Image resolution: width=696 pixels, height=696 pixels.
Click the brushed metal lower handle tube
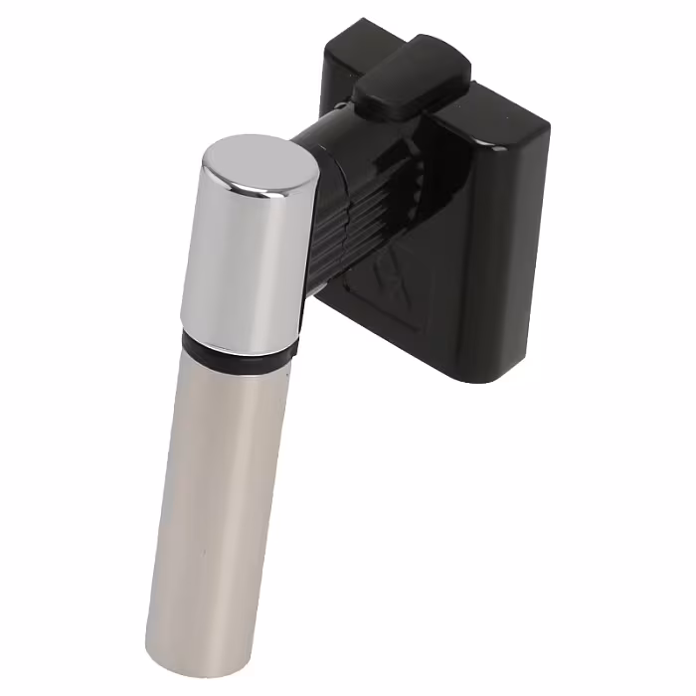214,497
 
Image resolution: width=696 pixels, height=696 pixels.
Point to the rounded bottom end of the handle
194,651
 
